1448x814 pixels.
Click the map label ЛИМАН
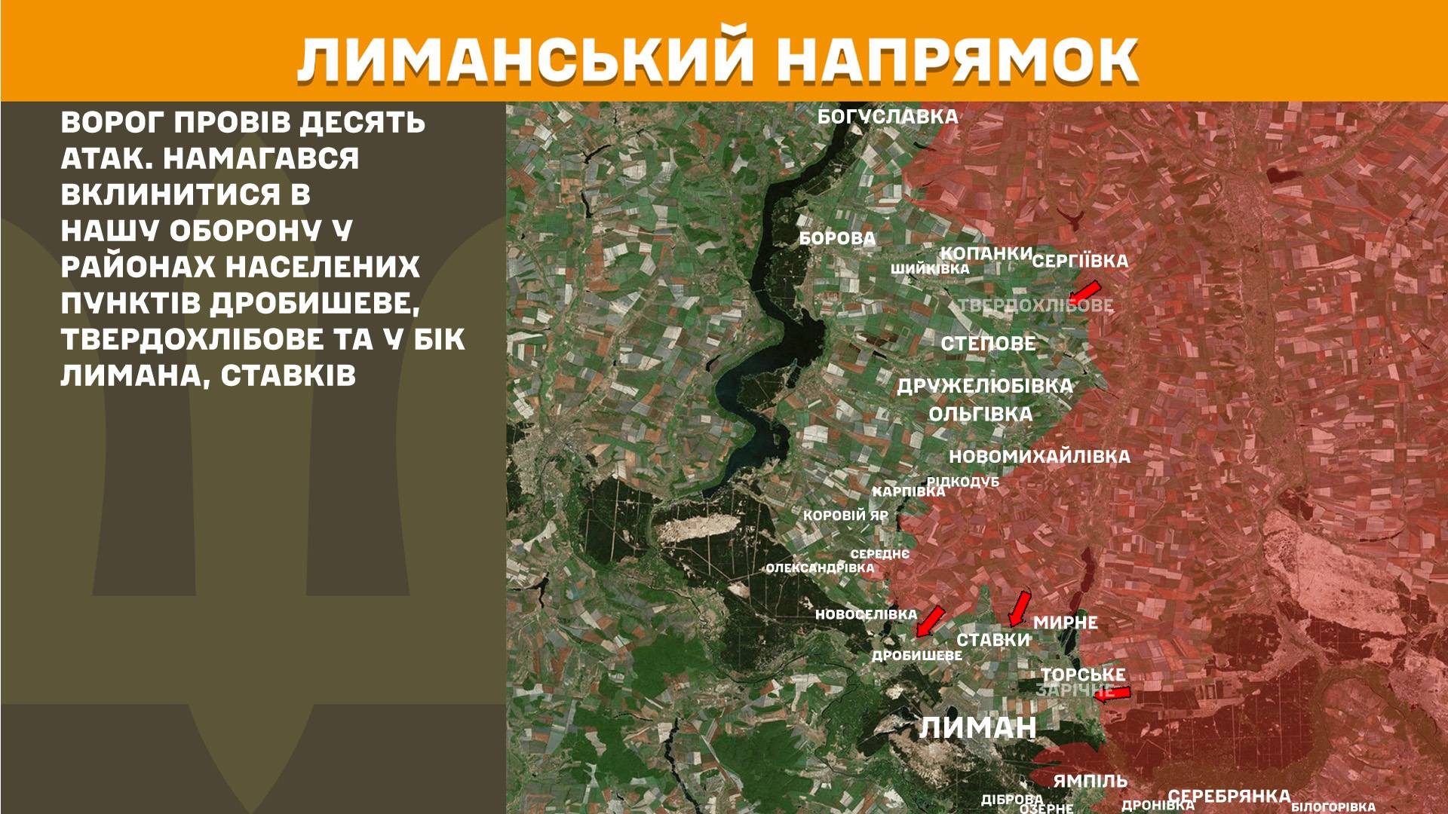pyautogui.click(x=977, y=728)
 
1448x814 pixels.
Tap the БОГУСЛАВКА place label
pyautogui.click(x=888, y=117)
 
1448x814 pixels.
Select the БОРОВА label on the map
pyautogui.click(x=837, y=239)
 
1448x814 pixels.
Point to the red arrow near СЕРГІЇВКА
pyautogui.click(x=1085, y=291)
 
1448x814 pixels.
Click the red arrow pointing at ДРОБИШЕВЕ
pyautogui.click(x=930, y=620)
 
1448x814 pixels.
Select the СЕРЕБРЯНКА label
pyautogui.click(x=1229, y=797)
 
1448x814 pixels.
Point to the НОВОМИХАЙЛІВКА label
pyautogui.click(x=1039, y=457)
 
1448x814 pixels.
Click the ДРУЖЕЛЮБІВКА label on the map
pyautogui.click(x=984, y=386)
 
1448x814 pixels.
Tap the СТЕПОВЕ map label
pyautogui.click(x=988, y=344)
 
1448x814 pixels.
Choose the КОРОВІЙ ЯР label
pyautogui.click(x=845, y=516)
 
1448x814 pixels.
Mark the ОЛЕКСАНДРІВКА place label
pyautogui.click(x=820, y=568)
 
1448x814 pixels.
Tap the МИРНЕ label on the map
pyautogui.click(x=1065, y=623)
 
